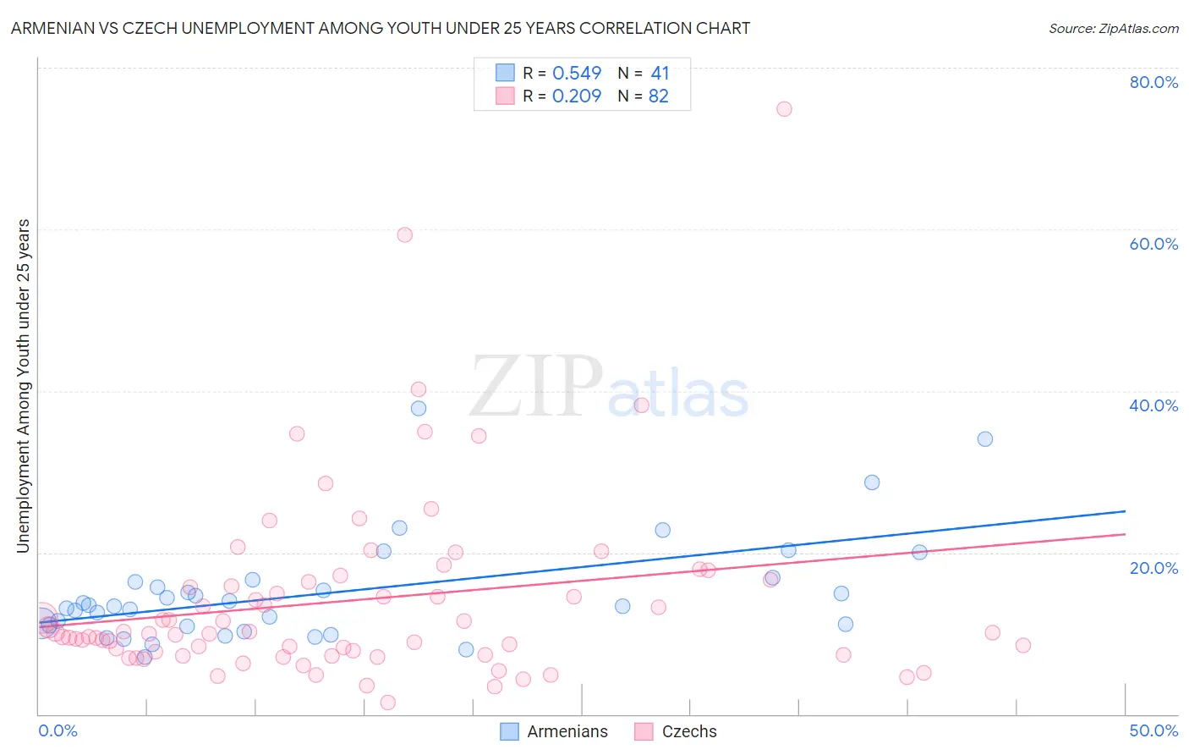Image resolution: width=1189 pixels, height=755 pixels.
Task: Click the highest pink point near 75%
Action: coord(784,109)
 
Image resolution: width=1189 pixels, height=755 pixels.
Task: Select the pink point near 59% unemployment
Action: coord(405,235)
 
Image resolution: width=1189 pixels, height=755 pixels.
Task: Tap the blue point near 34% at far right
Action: coord(985,439)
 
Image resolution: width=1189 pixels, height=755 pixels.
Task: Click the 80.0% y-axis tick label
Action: coord(1153,82)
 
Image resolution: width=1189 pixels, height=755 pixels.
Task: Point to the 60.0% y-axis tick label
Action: coord(1153,244)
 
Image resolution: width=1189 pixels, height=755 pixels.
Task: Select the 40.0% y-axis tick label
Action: coord(1153,405)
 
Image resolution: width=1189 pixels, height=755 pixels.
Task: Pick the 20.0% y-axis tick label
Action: coord(1153,567)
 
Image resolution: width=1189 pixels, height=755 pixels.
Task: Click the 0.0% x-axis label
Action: coord(58,730)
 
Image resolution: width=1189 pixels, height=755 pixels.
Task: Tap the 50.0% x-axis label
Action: coord(1153,730)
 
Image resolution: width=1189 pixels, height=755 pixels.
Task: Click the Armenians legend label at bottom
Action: coord(567,732)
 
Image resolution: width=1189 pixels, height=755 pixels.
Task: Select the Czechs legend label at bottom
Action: coord(689,732)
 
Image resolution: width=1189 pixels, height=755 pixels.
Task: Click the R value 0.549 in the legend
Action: coord(577,74)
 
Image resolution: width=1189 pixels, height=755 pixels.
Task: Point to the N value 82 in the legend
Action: coord(659,96)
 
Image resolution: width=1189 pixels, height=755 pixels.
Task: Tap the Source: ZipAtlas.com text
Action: coord(1114,29)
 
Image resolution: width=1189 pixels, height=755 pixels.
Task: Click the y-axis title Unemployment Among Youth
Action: coord(24,386)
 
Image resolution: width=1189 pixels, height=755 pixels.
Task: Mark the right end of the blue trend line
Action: coord(1125,511)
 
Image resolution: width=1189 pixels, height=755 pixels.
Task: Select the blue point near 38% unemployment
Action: coord(419,409)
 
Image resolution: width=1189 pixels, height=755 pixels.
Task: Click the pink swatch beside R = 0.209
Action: coord(505,96)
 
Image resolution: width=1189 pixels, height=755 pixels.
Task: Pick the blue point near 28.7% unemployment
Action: coord(872,482)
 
